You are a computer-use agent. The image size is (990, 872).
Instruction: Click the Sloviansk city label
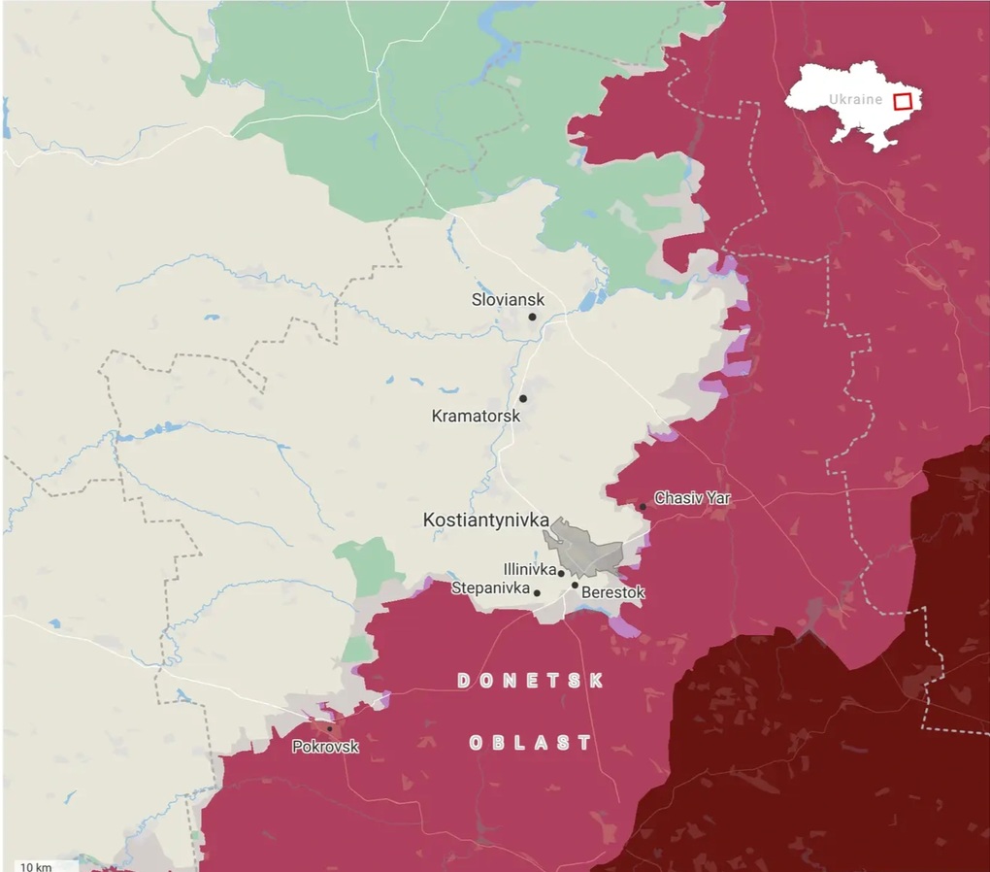(508, 299)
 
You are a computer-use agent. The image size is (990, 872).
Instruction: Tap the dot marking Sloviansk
(532, 317)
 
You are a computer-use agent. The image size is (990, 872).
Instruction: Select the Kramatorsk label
(475, 416)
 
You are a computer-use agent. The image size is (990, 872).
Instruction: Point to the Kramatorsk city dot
(522, 398)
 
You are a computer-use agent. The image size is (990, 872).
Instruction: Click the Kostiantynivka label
(485, 520)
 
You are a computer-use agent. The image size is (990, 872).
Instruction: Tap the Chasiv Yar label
(692, 498)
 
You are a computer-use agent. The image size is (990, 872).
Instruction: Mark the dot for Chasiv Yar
(643, 507)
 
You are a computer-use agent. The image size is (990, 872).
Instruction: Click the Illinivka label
(529, 569)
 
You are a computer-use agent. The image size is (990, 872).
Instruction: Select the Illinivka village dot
(561, 573)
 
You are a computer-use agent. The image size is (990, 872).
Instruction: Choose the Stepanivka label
(490, 588)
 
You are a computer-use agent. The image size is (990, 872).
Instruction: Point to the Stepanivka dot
(537, 592)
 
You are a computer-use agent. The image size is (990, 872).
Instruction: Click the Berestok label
(612, 592)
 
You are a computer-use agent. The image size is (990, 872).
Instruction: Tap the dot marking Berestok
(575, 585)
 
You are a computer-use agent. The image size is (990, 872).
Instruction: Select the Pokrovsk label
(325, 747)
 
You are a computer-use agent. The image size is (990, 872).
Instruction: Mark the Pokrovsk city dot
(330, 728)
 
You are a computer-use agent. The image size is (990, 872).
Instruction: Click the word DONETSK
(530, 681)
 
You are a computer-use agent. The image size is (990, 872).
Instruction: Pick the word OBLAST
(530, 743)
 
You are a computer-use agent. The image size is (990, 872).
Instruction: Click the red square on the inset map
(903, 100)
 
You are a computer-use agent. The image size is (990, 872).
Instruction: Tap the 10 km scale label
(35, 865)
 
